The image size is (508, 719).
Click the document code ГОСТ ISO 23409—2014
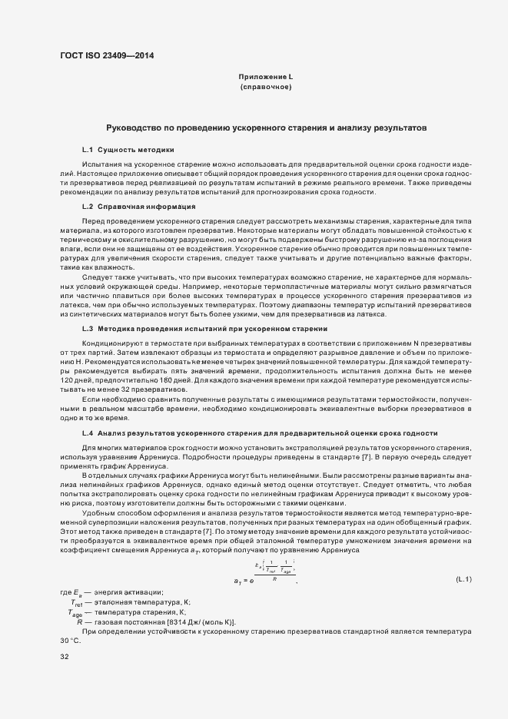pos(111,55)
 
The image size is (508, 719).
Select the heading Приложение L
pos(265,78)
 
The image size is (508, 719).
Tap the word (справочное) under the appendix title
pos(265,88)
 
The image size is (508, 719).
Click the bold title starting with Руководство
pos(265,127)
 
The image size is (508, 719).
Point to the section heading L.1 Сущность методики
pos(128,149)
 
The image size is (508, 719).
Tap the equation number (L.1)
pos(463,579)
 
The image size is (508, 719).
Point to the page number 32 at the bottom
pos(65,657)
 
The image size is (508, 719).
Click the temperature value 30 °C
pos(70,639)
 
